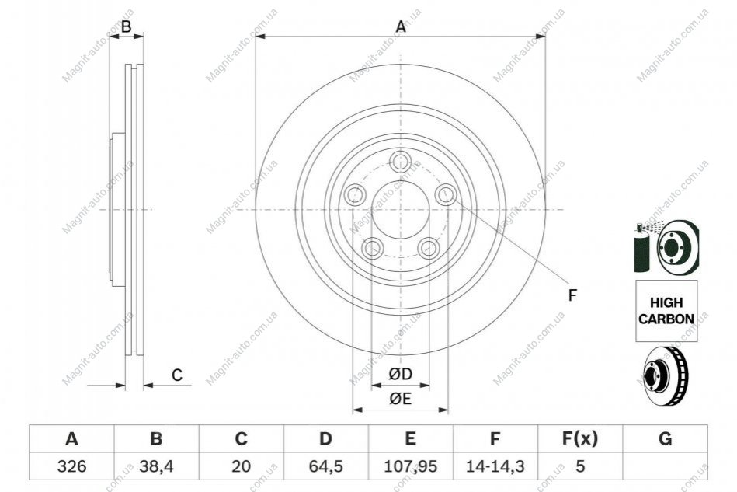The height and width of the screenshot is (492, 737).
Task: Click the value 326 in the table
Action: tap(72, 466)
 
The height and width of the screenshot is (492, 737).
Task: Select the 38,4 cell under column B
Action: tap(157, 466)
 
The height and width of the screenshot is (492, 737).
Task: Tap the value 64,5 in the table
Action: tap(325, 466)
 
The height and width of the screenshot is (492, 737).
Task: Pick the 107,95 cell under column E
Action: tap(410, 466)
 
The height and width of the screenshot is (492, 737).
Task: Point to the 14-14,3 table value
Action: tap(495, 466)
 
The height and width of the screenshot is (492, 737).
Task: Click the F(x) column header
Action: tap(580, 439)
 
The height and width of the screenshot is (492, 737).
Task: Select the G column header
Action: tap(665, 439)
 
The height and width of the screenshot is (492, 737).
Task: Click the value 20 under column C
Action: tap(241, 466)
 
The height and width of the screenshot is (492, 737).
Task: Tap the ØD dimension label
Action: tap(401, 374)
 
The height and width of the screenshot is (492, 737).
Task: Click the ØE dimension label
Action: tap(401, 399)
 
